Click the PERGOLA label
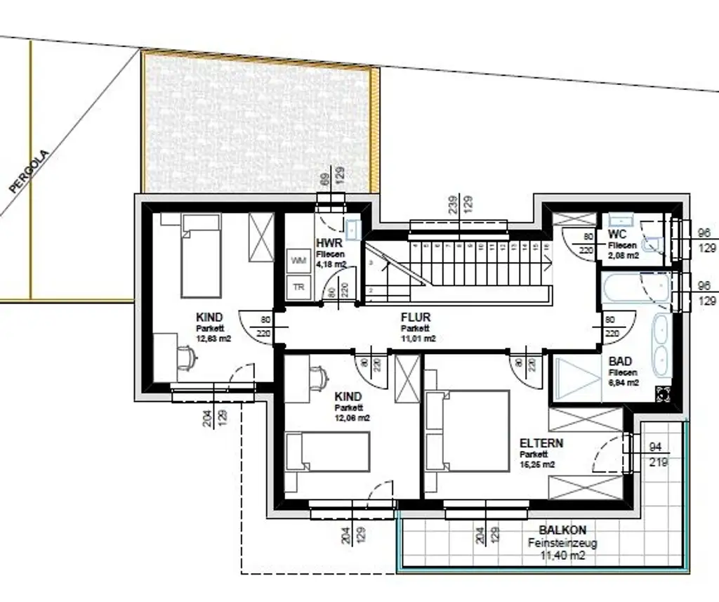point(30,171)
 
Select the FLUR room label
point(416,318)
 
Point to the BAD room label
point(621,362)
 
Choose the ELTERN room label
point(541,444)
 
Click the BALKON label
point(562,530)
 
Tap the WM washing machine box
point(298,261)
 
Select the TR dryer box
point(298,287)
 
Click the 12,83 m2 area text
point(213,338)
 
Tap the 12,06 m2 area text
point(352,418)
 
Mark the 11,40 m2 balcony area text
point(562,556)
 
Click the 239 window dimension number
point(453,204)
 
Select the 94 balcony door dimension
point(657,446)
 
